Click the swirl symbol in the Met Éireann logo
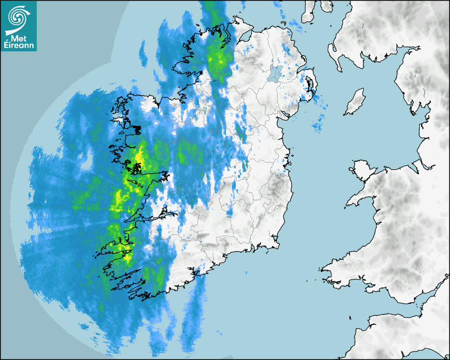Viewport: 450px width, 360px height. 18,17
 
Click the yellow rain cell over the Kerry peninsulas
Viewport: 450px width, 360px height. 125,253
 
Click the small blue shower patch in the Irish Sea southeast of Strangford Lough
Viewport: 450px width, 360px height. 319,124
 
